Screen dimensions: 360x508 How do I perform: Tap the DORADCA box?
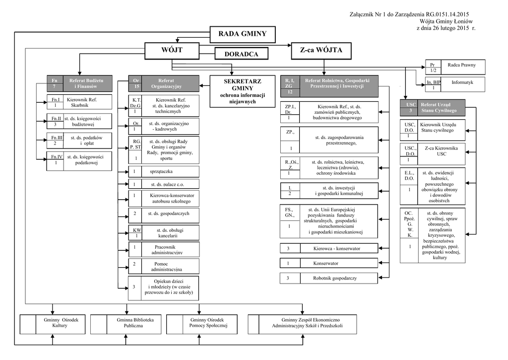[x=242, y=54]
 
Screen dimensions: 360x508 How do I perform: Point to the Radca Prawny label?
[x=461, y=65]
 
